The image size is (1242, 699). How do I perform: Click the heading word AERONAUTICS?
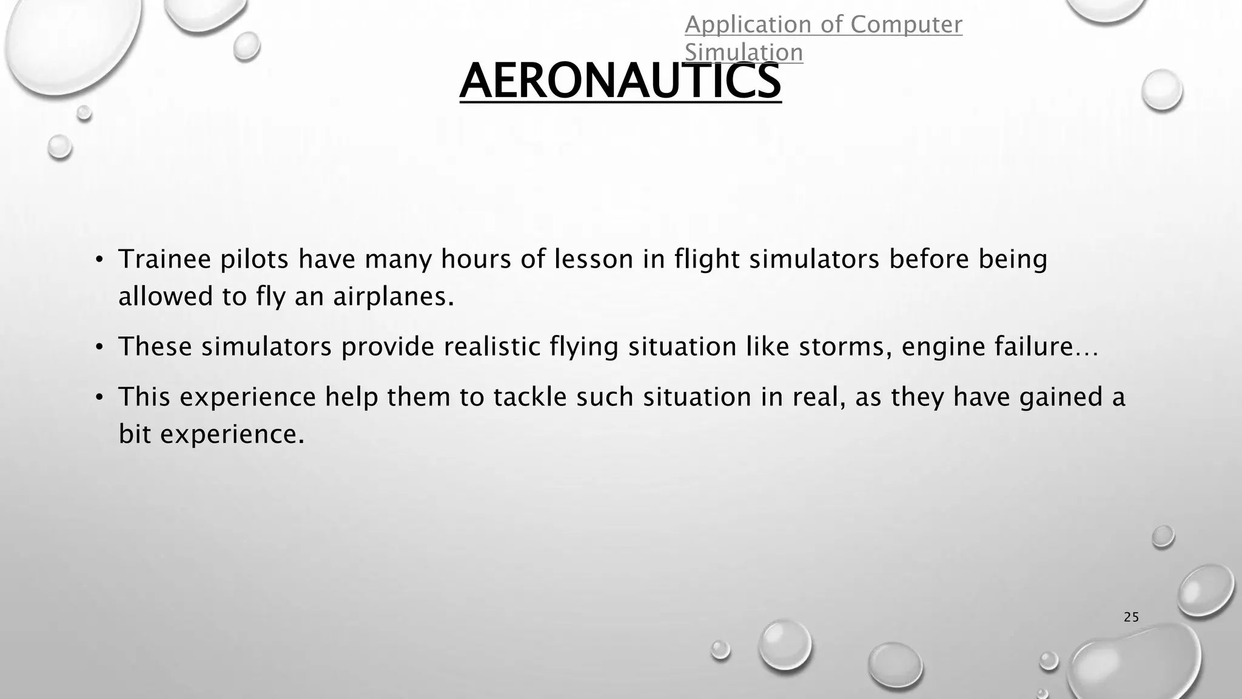pyautogui.click(x=620, y=82)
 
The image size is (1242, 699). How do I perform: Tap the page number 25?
pyautogui.click(x=1131, y=618)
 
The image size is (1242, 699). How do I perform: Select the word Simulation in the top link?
pyautogui.click(x=744, y=53)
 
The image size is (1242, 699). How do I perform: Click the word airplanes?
pyautogui.click(x=393, y=297)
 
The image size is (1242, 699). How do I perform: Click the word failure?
pyautogui.click(x=1034, y=347)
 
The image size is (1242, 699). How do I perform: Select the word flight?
pyautogui.click(x=707, y=260)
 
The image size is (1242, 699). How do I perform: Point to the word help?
pyautogui.click(x=352, y=398)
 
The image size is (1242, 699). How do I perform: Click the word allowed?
pyautogui.click(x=165, y=297)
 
